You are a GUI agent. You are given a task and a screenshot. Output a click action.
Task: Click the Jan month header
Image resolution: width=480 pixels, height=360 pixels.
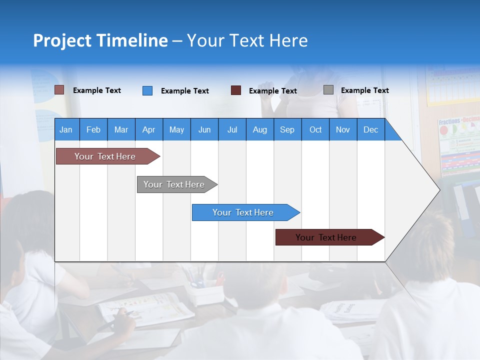pos(66,129)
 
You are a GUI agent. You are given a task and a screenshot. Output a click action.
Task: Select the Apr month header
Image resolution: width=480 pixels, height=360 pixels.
pos(149,129)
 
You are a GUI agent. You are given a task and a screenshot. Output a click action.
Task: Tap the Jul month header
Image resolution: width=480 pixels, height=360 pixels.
pos(232,129)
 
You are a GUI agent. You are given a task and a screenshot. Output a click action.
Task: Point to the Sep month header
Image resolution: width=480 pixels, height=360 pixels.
pos(287,129)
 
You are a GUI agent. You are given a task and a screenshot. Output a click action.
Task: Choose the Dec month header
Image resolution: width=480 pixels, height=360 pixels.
pos(370,129)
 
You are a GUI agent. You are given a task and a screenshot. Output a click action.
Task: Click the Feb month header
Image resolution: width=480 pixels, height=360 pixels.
pos(93,129)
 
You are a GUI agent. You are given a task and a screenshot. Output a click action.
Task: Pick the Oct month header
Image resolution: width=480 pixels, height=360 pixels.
pos(315,129)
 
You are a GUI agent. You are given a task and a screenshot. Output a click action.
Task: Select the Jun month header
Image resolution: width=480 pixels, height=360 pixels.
pos(204,129)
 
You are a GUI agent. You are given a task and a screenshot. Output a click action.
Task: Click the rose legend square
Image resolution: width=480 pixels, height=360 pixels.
pos(59,90)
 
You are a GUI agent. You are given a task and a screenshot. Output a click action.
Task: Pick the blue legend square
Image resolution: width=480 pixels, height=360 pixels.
pos(147,90)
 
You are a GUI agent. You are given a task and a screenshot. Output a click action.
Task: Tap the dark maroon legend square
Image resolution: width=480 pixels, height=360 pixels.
pos(236,90)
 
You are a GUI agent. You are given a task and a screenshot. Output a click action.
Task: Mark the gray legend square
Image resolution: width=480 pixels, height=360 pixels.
pos(328,90)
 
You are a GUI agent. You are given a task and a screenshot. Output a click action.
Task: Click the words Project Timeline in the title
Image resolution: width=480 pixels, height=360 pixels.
pos(100,40)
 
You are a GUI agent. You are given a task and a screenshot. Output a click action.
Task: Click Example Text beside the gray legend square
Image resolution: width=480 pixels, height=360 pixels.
pos(364,90)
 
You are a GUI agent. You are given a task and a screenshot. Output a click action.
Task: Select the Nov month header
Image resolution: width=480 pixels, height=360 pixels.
pos(342,129)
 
